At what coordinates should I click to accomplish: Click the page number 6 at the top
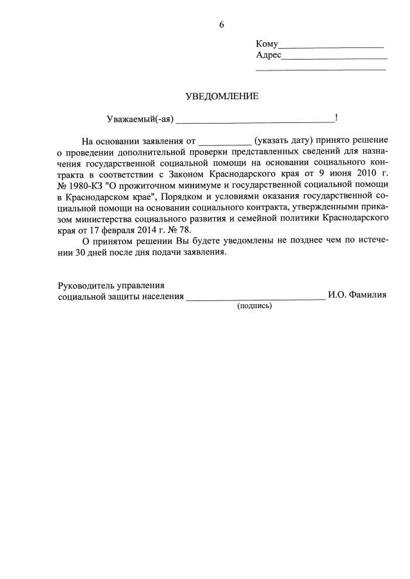pos(222,25)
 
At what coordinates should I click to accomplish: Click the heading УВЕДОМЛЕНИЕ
pos(222,97)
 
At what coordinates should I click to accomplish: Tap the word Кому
pos(266,44)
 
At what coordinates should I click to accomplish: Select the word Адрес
pos(268,55)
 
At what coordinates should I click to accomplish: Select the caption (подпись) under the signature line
pos(254,306)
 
